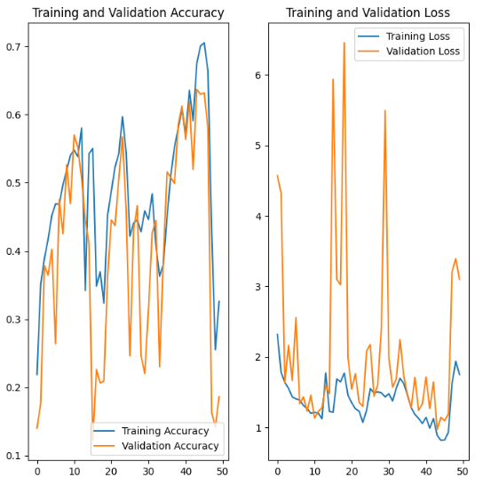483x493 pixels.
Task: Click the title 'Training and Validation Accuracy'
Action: (x=128, y=13)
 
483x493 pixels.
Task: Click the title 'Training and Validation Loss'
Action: (x=368, y=13)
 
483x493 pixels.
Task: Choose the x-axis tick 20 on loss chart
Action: (x=352, y=472)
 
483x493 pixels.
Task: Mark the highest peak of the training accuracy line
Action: (x=204, y=43)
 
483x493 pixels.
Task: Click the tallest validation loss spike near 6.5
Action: (x=344, y=43)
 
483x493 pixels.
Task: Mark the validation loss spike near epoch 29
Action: (x=385, y=111)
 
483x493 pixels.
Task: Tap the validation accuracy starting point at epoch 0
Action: (x=36, y=428)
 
